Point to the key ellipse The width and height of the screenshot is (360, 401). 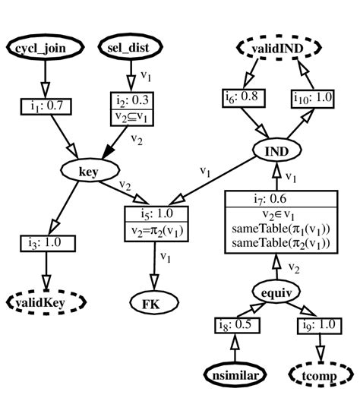[89, 172]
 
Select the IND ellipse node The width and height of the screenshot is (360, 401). [276, 152]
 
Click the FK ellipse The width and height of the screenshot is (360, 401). [160, 303]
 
